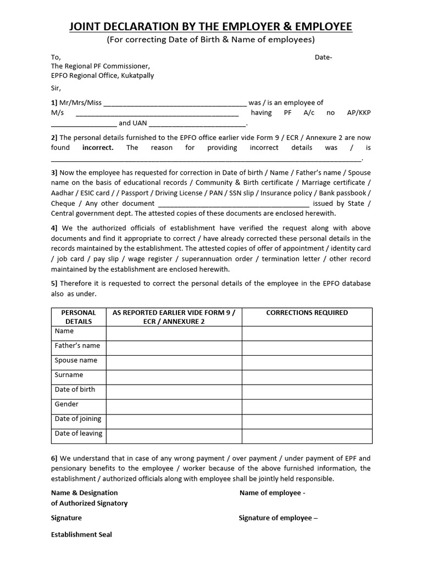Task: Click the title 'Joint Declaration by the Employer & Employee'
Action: pos(210,26)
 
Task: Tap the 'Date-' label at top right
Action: pos(323,57)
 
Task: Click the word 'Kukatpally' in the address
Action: pos(137,76)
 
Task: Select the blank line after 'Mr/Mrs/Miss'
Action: pos(175,103)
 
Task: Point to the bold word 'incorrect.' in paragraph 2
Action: pos(98,148)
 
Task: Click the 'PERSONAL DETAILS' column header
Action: pos(79,317)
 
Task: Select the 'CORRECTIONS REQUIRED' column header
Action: pos(307,313)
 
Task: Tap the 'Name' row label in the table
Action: pos(64,331)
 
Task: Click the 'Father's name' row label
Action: pos(77,346)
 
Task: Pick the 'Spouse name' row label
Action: pos(76,361)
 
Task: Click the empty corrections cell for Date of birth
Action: pos(307,392)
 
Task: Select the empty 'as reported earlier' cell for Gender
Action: pos(174,407)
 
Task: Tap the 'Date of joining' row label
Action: pos(78,419)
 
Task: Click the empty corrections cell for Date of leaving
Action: pos(307,436)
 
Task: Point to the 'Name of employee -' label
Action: pos(272,493)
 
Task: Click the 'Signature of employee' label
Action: pos(278,518)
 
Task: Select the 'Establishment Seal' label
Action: pos(81,535)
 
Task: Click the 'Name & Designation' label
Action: pos(84,493)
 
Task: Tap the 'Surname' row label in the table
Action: pos(69,375)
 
